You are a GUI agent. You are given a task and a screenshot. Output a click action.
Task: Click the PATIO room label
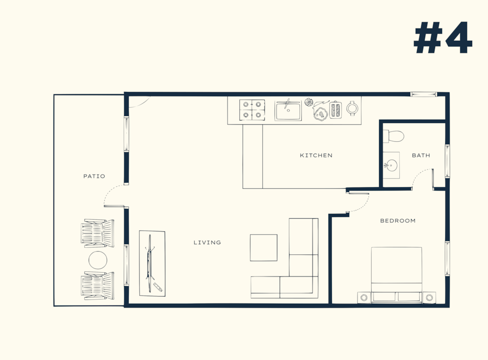(94, 176)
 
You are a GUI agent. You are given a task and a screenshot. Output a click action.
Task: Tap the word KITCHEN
(316, 155)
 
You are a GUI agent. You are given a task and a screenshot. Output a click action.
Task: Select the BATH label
(421, 155)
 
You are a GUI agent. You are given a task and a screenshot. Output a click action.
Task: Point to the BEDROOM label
(398, 221)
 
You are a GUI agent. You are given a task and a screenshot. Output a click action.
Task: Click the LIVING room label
(207, 243)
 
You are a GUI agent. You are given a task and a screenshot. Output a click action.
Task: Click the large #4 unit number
(443, 38)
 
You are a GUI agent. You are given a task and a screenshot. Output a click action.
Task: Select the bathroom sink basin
(390, 164)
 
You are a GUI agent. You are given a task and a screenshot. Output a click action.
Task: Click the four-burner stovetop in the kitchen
(252, 110)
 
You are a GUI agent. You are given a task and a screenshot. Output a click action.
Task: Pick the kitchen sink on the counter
(288, 111)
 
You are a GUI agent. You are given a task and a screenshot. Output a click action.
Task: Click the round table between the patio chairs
(98, 260)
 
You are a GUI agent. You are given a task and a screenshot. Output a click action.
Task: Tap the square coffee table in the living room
(264, 247)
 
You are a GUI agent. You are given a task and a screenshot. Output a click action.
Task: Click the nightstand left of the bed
(364, 298)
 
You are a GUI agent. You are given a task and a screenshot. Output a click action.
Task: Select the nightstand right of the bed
(429, 298)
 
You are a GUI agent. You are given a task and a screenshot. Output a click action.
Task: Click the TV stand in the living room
(152, 263)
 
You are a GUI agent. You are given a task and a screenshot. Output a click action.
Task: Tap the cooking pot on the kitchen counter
(352, 108)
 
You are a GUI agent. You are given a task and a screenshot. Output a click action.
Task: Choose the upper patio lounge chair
(98, 233)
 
